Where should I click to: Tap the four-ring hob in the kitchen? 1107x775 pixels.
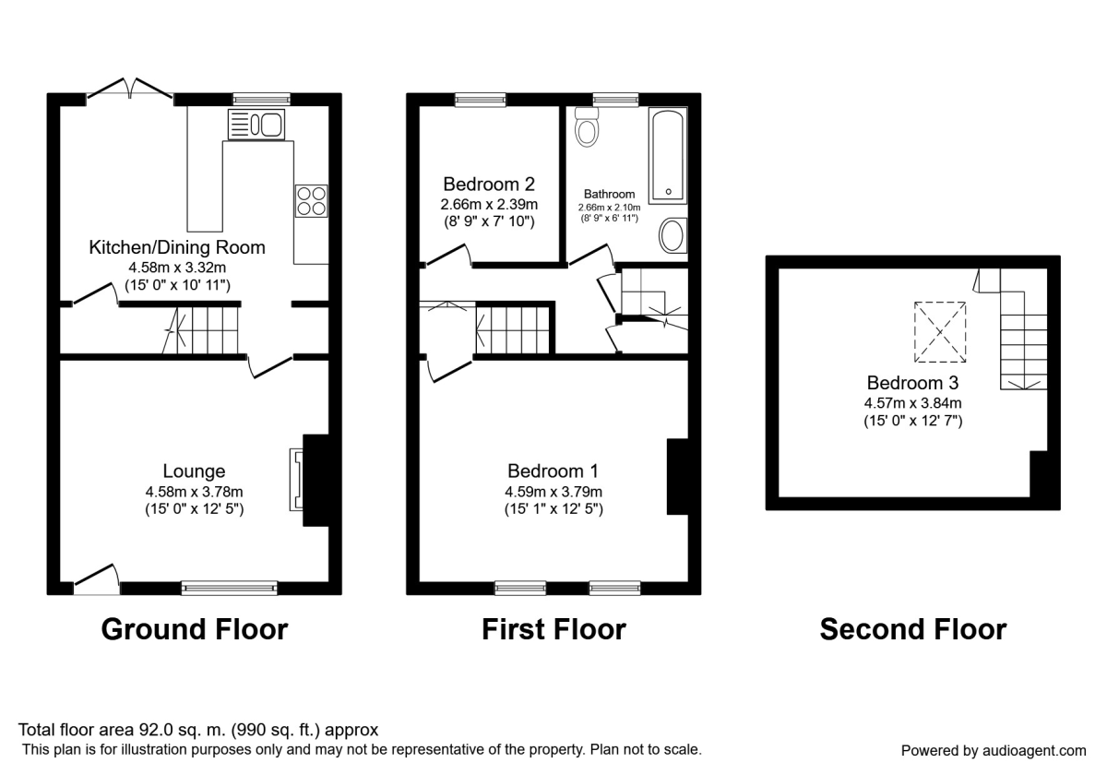pyautogui.click(x=311, y=200)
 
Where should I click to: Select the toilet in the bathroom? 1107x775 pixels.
pyautogui.click(x=586, y=127)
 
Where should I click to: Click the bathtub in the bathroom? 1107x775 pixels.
pyautogui.click(x=667, y=155)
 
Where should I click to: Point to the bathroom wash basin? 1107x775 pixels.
pyautogui.click(x=673, y=235)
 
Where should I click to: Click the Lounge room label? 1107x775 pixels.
pyautogui.click(x=194, y=471)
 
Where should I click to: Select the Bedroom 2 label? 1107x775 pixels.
pyautogui.click(x=489, y=184)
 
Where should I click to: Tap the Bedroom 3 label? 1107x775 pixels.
pyautogui.click(x=912, y=382)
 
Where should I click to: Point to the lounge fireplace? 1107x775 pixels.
pyautogui.click(x=298, y=480)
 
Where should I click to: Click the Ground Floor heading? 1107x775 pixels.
pyautogui.click(x=194, y=629)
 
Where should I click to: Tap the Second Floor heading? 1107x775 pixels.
pyautogui.click(x=912, y=629)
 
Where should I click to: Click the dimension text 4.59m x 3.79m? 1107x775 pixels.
pyautogui.click(x=553, y=491)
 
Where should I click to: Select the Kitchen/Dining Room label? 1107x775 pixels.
pyautogui.click(x=177, y=247)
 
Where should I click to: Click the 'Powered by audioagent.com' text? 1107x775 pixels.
pyautogui.click(x=993, y=750)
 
